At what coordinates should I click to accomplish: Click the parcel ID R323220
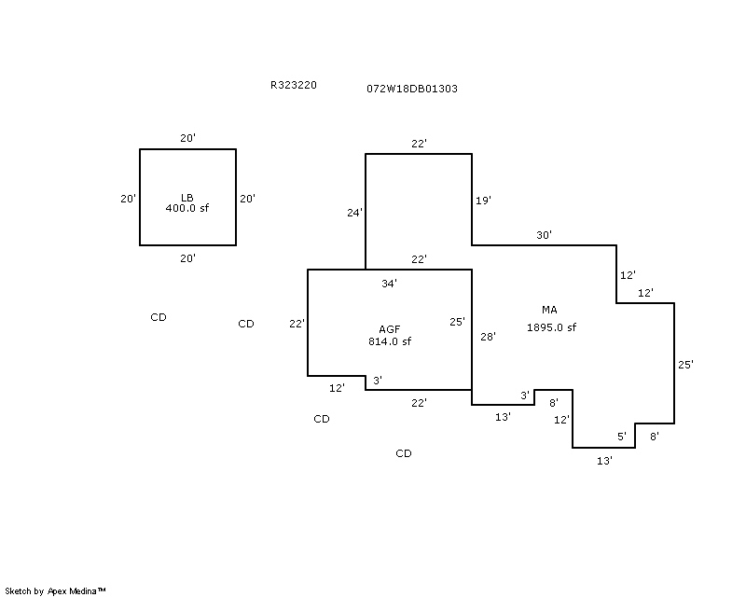tap(294, 85)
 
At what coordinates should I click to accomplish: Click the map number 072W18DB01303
tap(411, 89)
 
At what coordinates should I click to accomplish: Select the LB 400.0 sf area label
tap(187, 202)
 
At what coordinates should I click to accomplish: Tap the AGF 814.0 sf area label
tap(390, 336)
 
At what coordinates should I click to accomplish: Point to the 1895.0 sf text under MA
tap(551, 327)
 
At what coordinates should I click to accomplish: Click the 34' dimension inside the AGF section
tap(390, 283)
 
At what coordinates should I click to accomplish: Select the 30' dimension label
tap(544, 235)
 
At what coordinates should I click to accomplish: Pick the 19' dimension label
tap(483, 201)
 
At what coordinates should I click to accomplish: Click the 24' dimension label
tap(354, 213)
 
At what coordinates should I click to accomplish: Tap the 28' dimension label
tap(488, 337)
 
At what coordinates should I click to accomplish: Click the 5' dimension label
tap(622, 436)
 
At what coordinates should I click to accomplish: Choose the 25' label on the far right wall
tap(685, 365)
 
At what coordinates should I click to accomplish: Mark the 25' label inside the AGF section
tap(457, 322)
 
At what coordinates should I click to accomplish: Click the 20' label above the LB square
tap(187, 138)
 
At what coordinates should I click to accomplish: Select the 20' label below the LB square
tap(187, 258)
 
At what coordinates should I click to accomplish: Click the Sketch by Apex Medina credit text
tap(56, 590)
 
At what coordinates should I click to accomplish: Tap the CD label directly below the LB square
tap(159, 317)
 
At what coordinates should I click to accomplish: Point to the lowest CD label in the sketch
tap(403, 453)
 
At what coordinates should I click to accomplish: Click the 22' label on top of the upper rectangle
tap(419, 144)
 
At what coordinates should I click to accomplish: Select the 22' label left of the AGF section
tap(297, 324)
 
